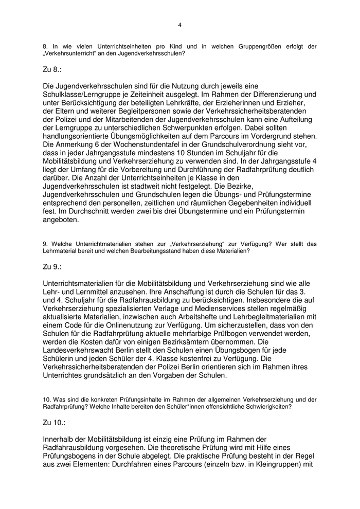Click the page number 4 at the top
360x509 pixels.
[179, 24]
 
